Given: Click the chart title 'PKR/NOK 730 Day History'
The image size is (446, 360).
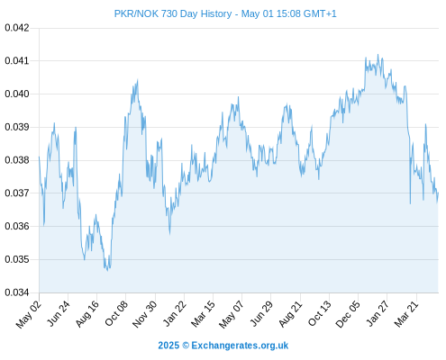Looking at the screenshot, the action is (x=173, y=13).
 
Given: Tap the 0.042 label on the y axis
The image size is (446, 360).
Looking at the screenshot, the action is (x=17, y=28).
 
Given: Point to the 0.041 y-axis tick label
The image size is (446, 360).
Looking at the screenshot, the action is (x=17, y=61).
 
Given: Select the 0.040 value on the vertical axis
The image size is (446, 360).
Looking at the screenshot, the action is (x=17, y=94).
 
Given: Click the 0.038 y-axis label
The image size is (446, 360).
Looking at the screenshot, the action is (x=17, y=160).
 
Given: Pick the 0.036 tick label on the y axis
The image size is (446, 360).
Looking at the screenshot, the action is (x=17, y=226).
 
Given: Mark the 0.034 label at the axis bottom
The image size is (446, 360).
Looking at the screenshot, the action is (x=17, y=292).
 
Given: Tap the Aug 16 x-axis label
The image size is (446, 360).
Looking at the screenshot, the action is (x=87, y=313).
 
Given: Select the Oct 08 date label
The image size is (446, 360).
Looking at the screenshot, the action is (x=116, y=313).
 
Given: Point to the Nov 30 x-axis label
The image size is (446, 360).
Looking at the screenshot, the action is (x=145, y=313).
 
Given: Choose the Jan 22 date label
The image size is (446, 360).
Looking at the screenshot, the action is (x=174, y=313).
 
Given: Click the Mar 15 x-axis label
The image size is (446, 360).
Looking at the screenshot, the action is (x=203, y=313).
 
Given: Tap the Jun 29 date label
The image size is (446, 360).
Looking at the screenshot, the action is (x=261, y=313).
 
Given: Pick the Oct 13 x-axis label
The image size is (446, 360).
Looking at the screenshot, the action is (x=320, y=313).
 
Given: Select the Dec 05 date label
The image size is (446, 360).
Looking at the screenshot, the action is (x=348, y=313).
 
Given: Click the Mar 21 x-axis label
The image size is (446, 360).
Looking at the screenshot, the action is (x=406, y=313).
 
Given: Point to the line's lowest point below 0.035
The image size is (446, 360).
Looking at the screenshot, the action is (x=108, y=271).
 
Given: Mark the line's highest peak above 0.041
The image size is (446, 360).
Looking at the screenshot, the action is (x=378, y=55).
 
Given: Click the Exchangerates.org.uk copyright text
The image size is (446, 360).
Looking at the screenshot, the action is (x=223, y=346).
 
